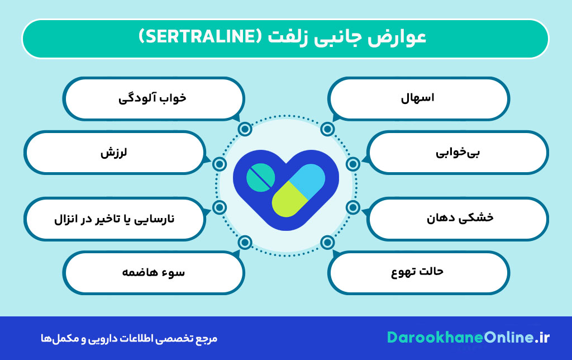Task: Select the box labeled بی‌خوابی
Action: click(458, 152)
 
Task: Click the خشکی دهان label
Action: click(458, 218)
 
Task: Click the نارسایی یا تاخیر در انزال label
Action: click(114, 218)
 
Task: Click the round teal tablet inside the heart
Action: click(261, 176)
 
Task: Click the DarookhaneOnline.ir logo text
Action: click(468, 338)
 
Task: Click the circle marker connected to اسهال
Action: click(328, 130)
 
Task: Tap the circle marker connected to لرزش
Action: click(220, 164)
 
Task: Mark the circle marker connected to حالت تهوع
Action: click(328, 243)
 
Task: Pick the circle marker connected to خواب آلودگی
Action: click(244, 130)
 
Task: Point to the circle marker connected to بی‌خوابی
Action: click(352, 164)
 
